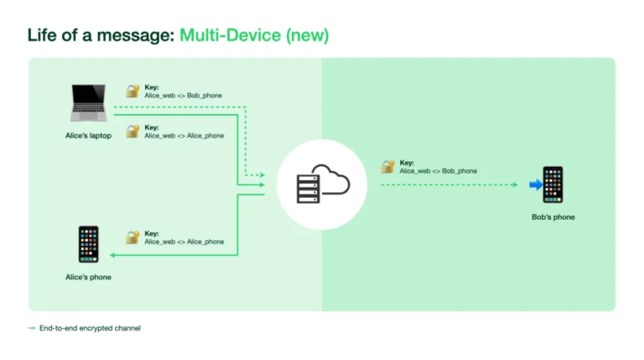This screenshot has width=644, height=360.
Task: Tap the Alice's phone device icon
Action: [88, 244]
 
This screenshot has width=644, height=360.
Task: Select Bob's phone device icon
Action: [553, 184]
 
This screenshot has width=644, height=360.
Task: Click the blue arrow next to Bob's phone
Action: [535, 185]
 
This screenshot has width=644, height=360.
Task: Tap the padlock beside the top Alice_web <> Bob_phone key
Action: [132, 91]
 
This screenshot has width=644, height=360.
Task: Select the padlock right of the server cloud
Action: [387, 166]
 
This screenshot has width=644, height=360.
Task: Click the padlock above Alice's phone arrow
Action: [132, 237]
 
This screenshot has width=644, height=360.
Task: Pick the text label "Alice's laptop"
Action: [88, 135]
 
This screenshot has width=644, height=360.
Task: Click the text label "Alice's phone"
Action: [88, 277]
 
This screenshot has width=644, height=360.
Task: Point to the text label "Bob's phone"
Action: [553, 217]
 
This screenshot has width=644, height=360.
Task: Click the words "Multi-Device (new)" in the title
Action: [253, 35]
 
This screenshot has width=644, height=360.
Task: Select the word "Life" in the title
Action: [44, 35]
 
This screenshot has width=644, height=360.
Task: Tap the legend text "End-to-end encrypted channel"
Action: [90, 328]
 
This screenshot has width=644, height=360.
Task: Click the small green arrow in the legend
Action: [31, 328]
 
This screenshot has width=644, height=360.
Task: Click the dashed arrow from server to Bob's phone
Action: [449, 185]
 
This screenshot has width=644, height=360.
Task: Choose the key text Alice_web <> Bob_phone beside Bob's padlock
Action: [438, 171]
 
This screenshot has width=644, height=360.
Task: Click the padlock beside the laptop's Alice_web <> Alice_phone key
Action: [132, 131]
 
